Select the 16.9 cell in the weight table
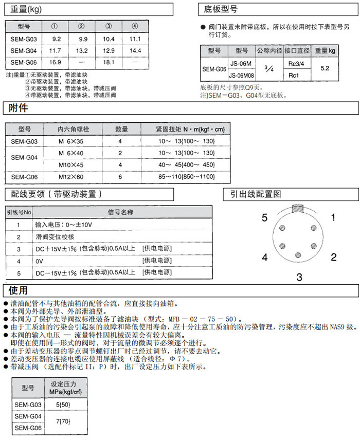56,62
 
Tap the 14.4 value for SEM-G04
135,50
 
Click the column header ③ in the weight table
109,27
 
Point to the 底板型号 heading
221,9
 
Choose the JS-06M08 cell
241,76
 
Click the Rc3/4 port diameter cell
297,63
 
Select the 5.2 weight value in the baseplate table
325,68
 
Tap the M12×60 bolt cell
71,177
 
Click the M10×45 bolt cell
71,165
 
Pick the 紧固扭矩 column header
190,129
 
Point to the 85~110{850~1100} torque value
187,177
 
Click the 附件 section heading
19,108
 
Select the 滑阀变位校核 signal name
55,237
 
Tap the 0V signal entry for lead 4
39,261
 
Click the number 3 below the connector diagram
299,278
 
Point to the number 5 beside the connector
264,218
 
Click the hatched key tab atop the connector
299,208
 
